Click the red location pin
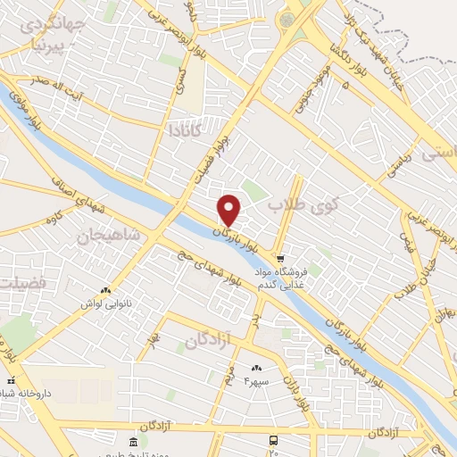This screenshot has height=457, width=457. [230, 210]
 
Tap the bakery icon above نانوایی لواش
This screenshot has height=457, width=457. [105, 290]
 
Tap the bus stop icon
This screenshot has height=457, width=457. [273, 440]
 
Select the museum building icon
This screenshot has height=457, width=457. [132, 443]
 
